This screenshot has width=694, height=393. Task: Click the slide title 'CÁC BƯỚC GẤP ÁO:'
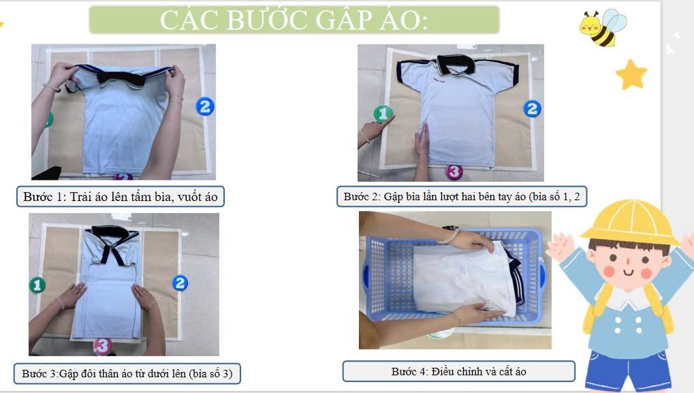pos(294,20)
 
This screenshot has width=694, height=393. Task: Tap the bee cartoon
pos(603,28)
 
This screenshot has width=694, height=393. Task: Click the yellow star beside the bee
pos(631,74)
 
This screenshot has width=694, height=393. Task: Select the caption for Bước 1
pos(121,196)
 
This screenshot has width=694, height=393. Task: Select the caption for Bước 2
pos(462,196)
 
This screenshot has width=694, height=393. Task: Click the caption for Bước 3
pos(127,373)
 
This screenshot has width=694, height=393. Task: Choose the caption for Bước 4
pos(458,371)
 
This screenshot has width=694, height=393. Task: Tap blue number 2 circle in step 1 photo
pos(205,106)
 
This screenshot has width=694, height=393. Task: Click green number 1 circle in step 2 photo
pos(383,114)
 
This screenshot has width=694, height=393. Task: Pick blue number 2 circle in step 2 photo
pos(532,109)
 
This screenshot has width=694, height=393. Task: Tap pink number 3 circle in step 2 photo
pos(454,172)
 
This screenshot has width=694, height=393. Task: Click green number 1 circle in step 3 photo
pos(37,285)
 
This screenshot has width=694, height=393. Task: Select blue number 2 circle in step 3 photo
pos(180,283)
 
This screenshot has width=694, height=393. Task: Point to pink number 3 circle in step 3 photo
pos(102,345)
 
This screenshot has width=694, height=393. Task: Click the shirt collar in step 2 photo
pos(456,65)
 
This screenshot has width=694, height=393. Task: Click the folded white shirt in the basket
pos(464,277)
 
